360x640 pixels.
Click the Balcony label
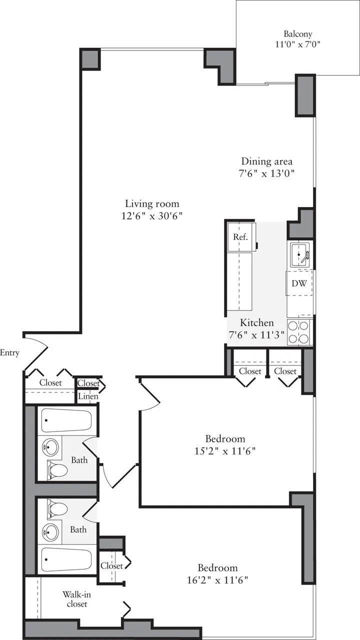pyautogui.click(x=298, y=34)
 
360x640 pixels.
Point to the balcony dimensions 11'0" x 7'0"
pyautogui.click(x=298, y=44)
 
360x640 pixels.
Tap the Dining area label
pyautogui.click(x=266, y=161)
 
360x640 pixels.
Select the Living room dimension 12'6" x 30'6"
pyautogui.click(x=152, y=216)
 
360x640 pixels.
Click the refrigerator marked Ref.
pyautogui.click(x=240, y=237)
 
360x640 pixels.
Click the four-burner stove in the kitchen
pyautogui.click(x=299, y=331)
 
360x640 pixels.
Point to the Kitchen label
pyautogui.click(x=256, y=323)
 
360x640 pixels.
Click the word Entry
pyautogui.click(x=10, y=353)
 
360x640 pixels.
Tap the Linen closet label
pyautogui.click(x=88, y=396)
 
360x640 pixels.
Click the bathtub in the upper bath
pyautogui.click(x=66, y=420)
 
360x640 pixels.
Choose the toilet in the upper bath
pyautogui.click(x=57, y=470)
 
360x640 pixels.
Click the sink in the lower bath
pyautogui.click(x=50, y=532)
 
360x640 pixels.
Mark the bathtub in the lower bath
pyautogui.click(x=66, y=560)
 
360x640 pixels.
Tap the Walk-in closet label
pyautogui.click(x=76, y=599)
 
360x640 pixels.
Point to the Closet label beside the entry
pyautogui.click(x=50, y=383)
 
